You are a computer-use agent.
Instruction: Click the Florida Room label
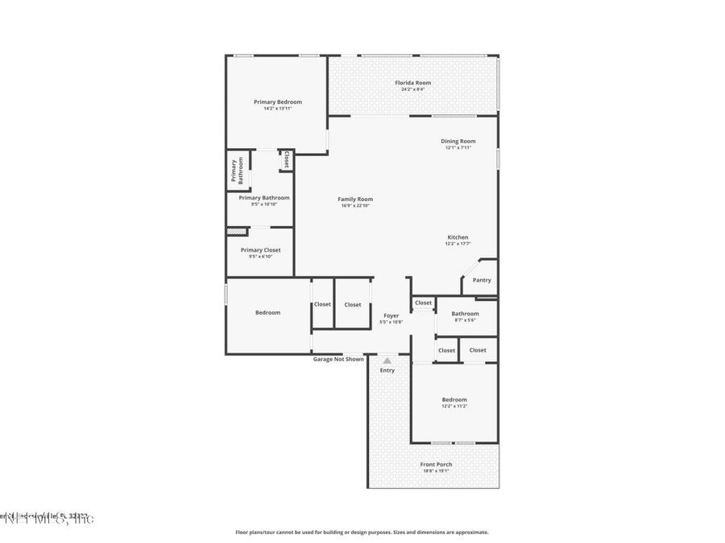(x=412, y=83)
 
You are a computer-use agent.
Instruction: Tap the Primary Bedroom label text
(x=278, y=102)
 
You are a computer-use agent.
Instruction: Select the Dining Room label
(x=458, y=142)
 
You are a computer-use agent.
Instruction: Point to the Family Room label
(x=355, y=200)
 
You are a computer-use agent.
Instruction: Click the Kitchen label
(x=458, y=237)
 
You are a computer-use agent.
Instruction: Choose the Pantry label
(x=482, y=280)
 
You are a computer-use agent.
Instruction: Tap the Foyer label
(x=391, y=316)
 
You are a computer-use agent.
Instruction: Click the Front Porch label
(x=436, y=465)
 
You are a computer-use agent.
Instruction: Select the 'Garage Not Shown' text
(x=338, y=359)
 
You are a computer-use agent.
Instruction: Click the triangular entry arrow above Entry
(x=387, y=360)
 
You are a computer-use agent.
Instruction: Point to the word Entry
(x=387, y=370)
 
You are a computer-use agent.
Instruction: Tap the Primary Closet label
(x=260, y=250)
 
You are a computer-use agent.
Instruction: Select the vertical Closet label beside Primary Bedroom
(x=286, y=160)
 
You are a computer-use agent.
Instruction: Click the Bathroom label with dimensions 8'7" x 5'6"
(x=465, y=314)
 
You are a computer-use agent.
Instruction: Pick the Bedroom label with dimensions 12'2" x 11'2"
(x=454, y=400)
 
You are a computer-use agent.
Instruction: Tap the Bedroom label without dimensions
(x=268, y=312)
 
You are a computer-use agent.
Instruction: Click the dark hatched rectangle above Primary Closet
(x=234, y=232)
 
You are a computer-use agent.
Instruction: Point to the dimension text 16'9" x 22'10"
(x=355, y=206)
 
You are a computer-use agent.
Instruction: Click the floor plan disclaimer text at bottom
(x=362, y=532)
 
